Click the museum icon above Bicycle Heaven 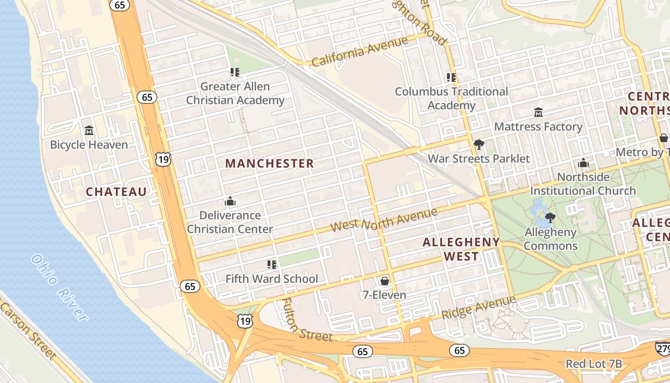(x=89, y=130)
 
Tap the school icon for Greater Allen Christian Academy (x=234, y=72)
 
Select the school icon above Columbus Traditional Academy (x=451, y=77)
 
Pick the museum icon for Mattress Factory (x=538, y=113)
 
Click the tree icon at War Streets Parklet (x=478, y=144)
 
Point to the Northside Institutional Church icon (x=583, y=163)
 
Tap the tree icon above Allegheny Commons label (x=550, y=218)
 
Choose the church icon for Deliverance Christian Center (x=230, y=201)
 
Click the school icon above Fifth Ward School (x=272, y=264)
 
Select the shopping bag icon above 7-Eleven (x=384, y=281)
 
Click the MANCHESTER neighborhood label (x=269, y=163)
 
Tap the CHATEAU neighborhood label (x=116, y=192)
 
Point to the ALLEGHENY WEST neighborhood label (x=461, y=249)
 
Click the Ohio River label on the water (x=59, y=287)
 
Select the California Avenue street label (x=359, y=52)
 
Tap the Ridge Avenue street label (x=478, y=308)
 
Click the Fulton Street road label (x=306, y=321)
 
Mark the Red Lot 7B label (x=593, y=364)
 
